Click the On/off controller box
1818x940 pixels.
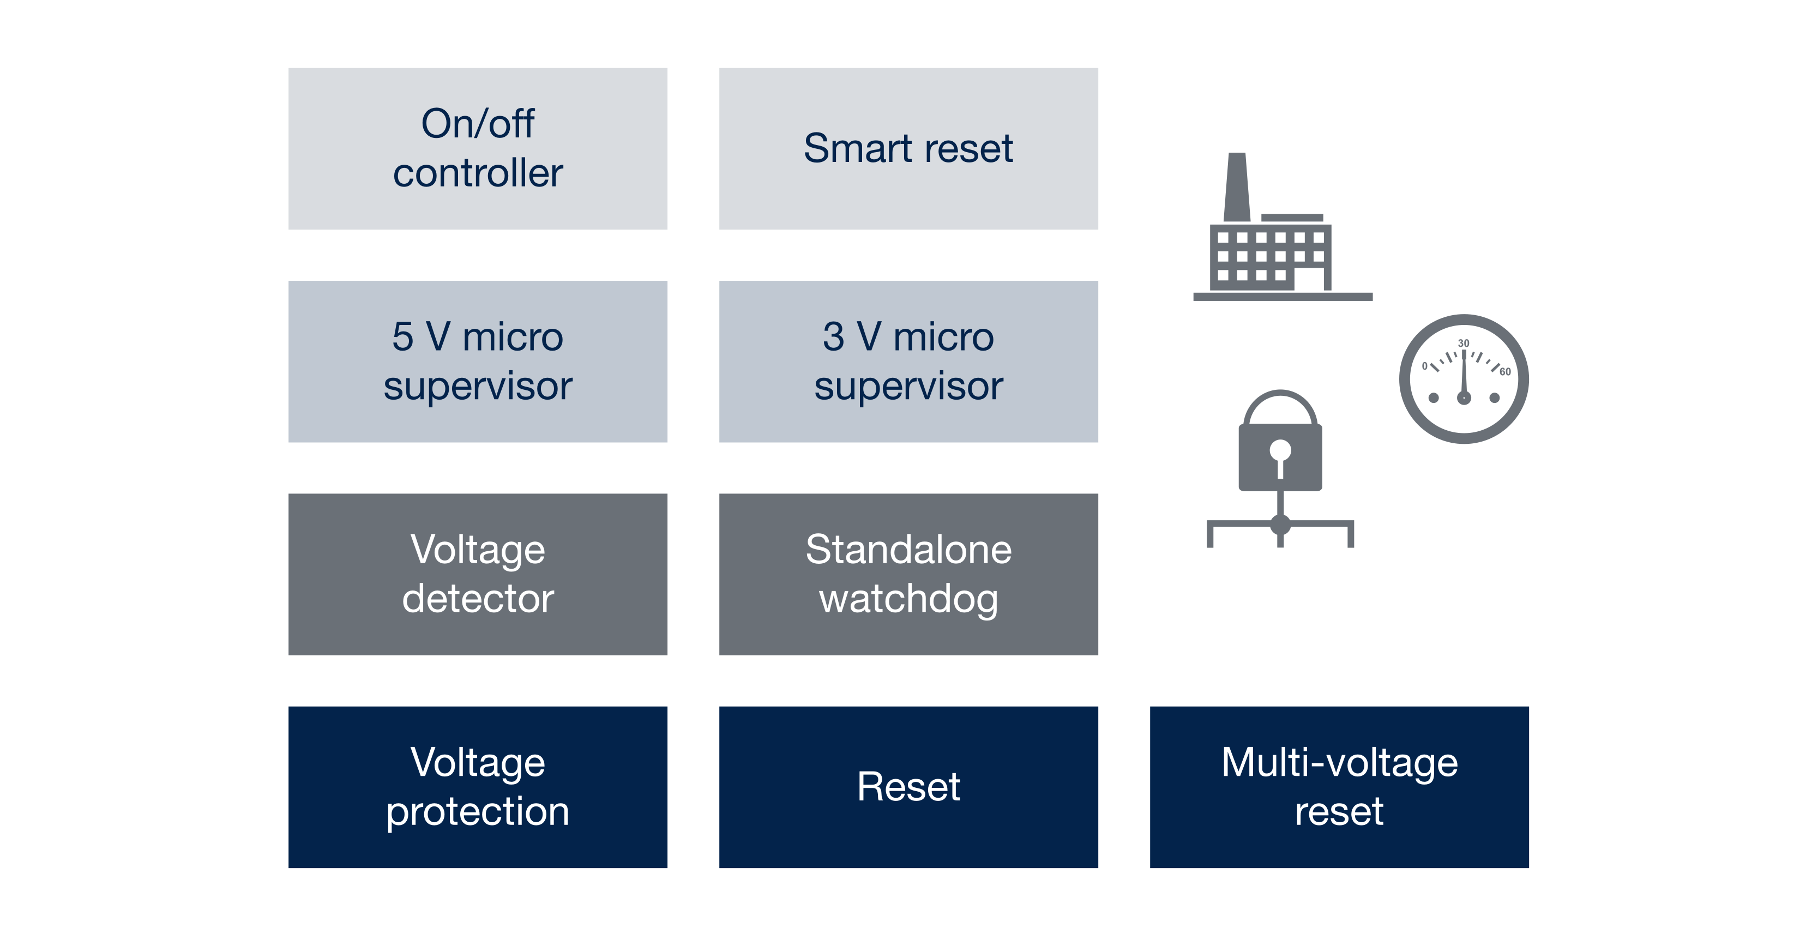pyautogui.click(x=478, y=148)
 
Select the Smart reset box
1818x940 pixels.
pyautogui.click(x=908, y=148)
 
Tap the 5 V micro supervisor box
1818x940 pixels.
pyautogui.click(x=478, y=361)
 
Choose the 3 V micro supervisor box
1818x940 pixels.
pyautogui.click(x=908, y=361)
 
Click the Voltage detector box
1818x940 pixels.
pyautogui.click(x=478, y=574)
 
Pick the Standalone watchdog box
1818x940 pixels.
pyautogui.click(x=908, y=574)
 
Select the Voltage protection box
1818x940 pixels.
pyautogui.click(x=478, y=787)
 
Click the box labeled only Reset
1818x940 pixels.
pyautogui.click(x=908, y=787)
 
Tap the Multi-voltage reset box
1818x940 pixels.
pyautogui.click(x=1339, y=787)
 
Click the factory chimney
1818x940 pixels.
pyautogui.click(x=1237, y=187)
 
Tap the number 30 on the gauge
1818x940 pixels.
pyautogui.click(x=1464, y=343)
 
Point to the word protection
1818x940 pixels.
pyautogui.click(x=478, y=811)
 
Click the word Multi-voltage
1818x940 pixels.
pyautogui.click(x=1339, y=762)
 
